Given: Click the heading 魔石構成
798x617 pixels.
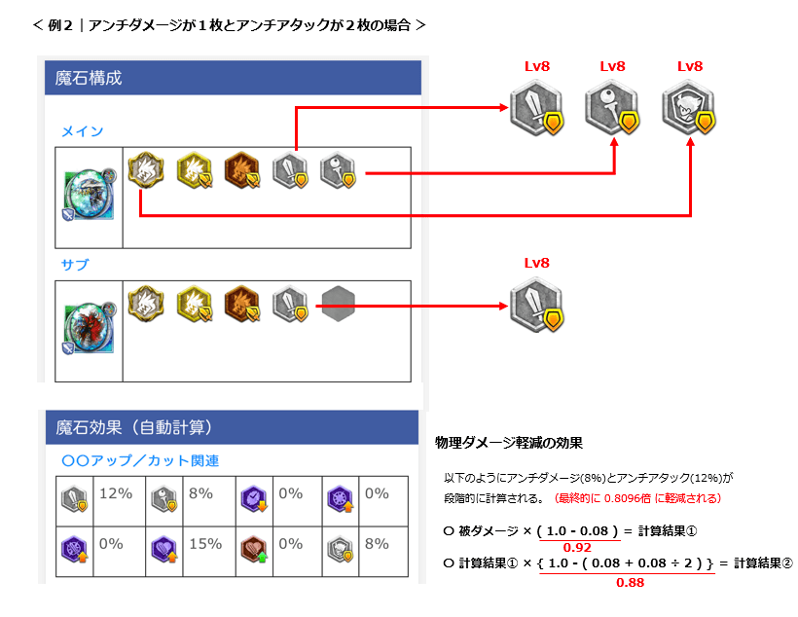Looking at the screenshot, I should click(90, 78).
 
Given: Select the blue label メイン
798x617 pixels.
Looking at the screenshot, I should click(82, 131).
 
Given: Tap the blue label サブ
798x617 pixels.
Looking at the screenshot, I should click(75, 265).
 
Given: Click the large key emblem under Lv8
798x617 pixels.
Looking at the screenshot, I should click(612, 108).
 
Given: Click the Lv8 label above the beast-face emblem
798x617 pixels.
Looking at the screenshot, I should click(689, 66).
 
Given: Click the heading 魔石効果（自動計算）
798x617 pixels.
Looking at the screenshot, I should click(134, 427).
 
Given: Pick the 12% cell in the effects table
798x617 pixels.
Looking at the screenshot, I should click(116, 493).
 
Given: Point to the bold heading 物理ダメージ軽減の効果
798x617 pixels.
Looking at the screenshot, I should click(508, 443).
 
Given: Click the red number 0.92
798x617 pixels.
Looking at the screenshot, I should click(578, 548).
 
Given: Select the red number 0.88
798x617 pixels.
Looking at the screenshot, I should click(629, 583).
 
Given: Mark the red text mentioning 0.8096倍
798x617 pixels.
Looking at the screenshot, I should click(637, 498).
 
